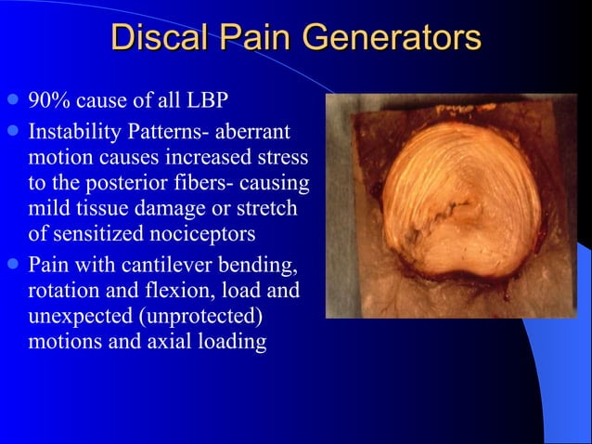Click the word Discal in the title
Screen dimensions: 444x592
coord(158,38)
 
